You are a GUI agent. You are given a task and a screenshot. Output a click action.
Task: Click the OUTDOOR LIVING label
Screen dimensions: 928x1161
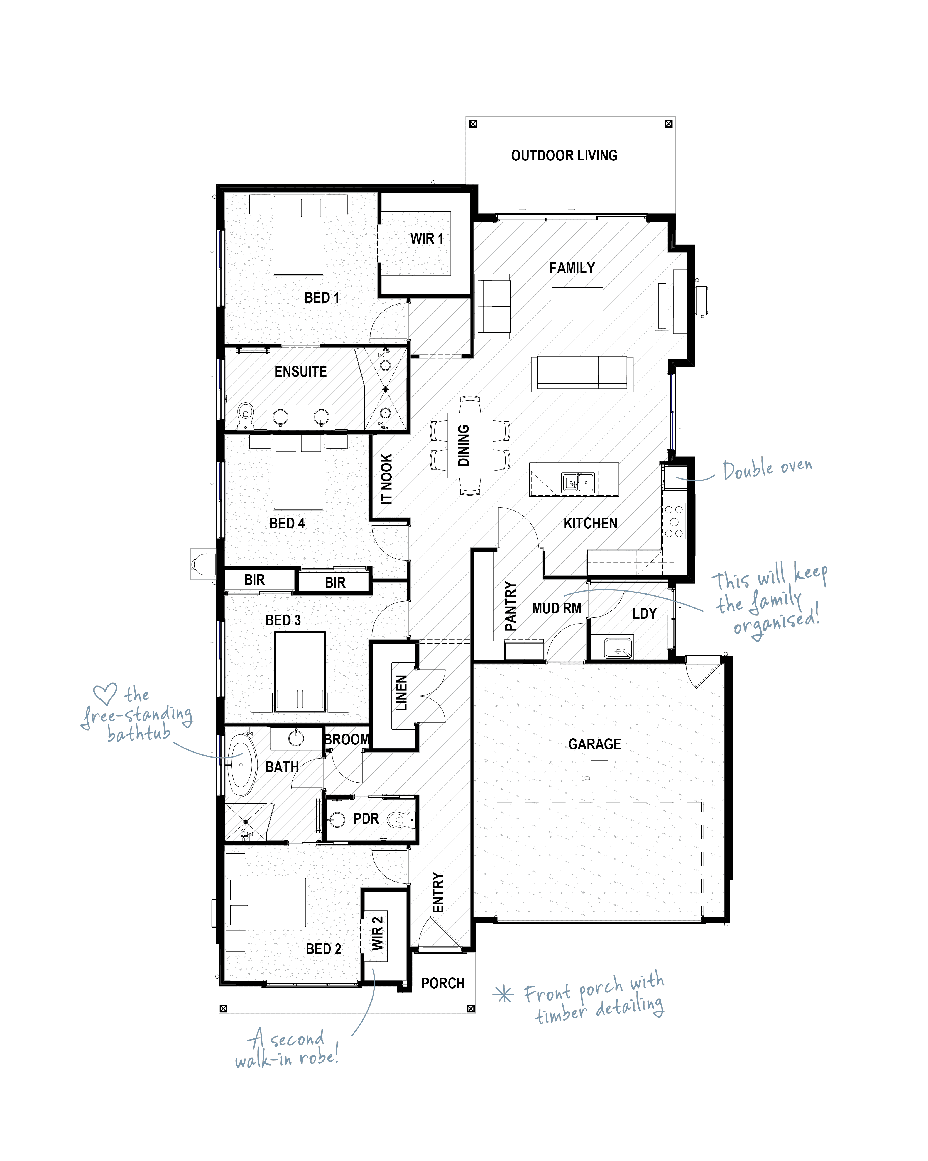coord(564,156)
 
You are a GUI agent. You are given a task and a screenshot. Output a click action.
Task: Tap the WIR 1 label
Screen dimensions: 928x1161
coord(427,238)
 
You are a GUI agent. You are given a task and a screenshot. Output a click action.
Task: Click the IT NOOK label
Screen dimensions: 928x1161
coord(386,479)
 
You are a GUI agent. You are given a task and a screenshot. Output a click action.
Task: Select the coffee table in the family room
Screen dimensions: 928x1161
coord(577,303)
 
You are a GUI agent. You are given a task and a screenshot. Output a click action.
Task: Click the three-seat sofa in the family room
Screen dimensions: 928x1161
coord(582,373)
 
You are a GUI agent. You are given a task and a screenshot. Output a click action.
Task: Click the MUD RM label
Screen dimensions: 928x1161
coord(557,609)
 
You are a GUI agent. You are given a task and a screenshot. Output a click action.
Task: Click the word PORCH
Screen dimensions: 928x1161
coord(442,983)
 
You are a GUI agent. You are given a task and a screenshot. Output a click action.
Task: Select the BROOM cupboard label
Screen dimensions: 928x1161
coord(347,739)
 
